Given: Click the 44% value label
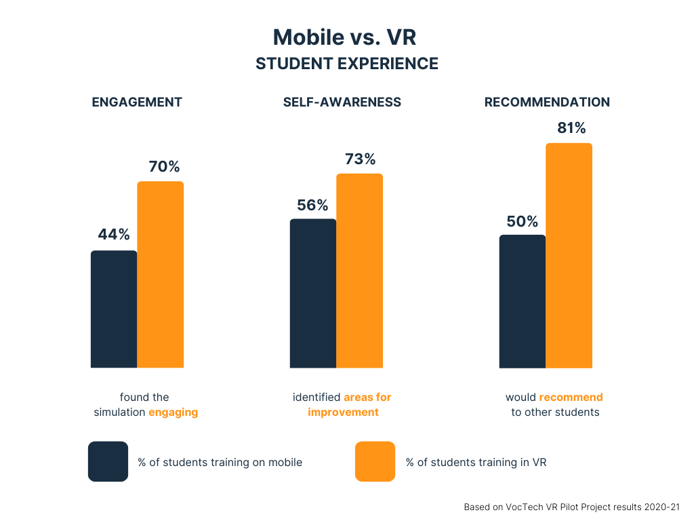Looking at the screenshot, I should tap(114, 235).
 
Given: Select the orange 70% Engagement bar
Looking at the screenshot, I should tap(161, 275).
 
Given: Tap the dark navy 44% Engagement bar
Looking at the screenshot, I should tap(114, 309).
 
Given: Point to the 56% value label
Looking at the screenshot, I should tap(312, 206).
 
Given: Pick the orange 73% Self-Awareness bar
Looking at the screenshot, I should tap(360, 271).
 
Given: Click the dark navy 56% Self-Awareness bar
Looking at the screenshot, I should tap(313, 293).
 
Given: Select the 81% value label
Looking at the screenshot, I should tap(571, 128).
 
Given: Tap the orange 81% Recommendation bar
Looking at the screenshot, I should tap(569, 256).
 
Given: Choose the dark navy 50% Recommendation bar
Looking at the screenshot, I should tap(523, 301).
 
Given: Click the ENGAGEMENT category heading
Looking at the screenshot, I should tap(137, 102).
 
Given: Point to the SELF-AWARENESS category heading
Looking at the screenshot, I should tap(342, 102).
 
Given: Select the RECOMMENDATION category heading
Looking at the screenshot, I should tap(547, 102).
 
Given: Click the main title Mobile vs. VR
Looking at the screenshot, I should tap(344, 37).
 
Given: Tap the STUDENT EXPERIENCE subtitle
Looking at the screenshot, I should tap(347, 64).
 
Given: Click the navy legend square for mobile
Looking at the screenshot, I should tap(108, 461).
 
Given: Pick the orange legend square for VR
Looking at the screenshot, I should tap(375, 461).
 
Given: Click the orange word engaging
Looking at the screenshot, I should tap(173, 412).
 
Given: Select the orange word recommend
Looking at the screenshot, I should tap(571, 397).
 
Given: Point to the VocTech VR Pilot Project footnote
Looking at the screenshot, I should tap(571, 507).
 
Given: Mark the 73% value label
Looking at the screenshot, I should tap(360, 159).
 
